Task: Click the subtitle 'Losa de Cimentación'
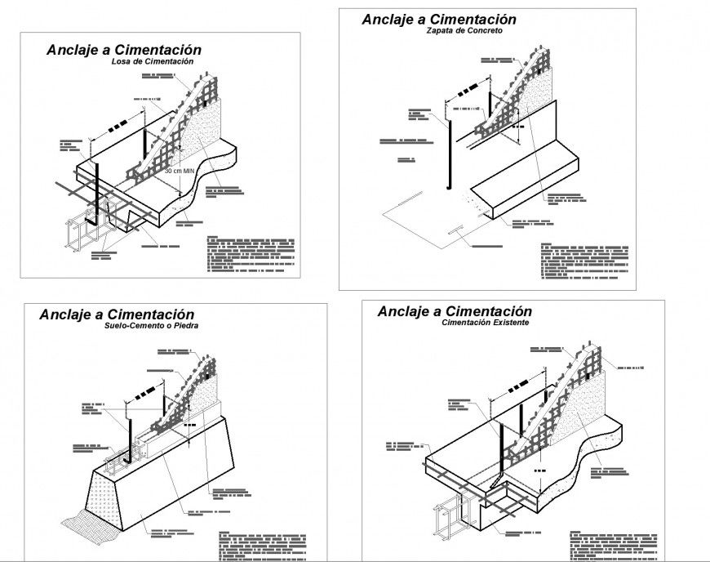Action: click(x=153, y=62)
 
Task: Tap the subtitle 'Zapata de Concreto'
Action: click(x=464, y=30)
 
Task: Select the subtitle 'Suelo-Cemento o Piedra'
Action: click(x=152, y=325)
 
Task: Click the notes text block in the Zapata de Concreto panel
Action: click(x=584, y=261)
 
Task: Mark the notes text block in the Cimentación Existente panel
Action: click(x=611, y=545)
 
